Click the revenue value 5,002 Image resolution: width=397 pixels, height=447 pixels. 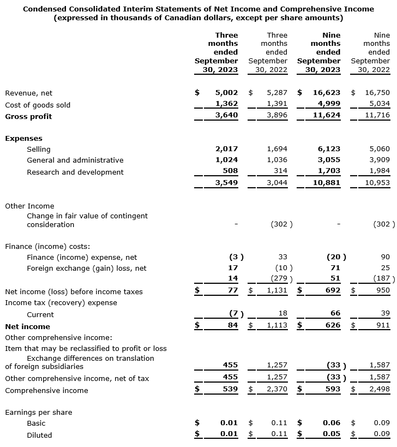point(226,93)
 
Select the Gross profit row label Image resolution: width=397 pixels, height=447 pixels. point(28,116)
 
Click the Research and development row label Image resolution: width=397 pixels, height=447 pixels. point(75,172)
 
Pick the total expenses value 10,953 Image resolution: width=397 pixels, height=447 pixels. point(377,183)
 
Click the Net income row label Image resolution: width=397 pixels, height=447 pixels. point(27,326)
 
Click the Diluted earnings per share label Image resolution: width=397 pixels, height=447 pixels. point(39,435)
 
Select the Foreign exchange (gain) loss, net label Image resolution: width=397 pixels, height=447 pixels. point(87,268)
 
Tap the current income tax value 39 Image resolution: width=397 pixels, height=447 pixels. point(385,314)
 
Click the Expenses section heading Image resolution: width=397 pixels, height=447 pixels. point(23,138)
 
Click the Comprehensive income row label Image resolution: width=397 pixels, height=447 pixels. point(42,390)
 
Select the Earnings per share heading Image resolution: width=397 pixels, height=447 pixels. point(38,412)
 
